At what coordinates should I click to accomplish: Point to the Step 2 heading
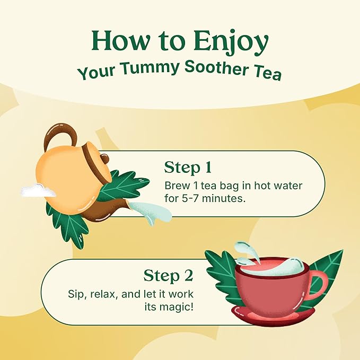(168, 276)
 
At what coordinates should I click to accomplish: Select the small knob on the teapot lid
(106, 158)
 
